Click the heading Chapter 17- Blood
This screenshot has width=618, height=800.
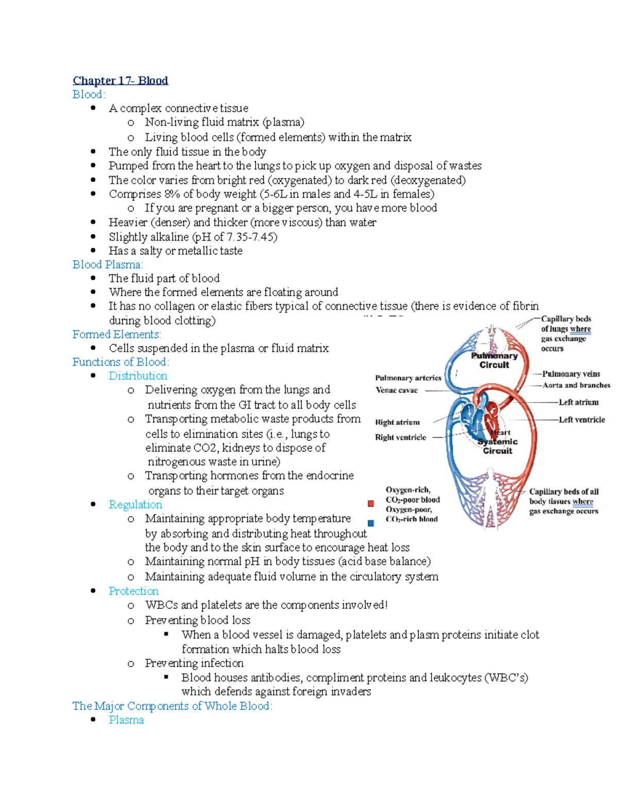point(120,80)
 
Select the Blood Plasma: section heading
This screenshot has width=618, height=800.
point(108,264)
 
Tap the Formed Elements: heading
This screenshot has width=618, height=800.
point(116,334)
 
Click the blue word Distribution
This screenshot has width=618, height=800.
point(138,376)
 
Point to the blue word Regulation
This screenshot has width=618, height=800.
point(135,504)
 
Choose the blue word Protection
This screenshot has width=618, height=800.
point(133,591)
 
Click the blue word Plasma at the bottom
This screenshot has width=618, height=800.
point(126,720)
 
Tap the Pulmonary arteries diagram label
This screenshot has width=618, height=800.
point(408,378)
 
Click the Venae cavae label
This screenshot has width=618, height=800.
point(396,390)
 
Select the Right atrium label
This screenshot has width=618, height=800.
point(397,422)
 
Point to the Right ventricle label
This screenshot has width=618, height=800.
point(400,437)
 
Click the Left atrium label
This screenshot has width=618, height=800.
point(578,402)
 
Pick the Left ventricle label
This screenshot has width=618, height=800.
point(581,419)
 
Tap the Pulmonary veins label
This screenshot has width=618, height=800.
point(571,373)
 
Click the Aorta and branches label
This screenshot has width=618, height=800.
point(576,385)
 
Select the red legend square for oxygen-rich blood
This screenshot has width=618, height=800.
point(371,503)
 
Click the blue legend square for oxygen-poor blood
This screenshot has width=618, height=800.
point(371,523)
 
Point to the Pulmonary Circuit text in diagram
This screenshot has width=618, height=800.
point(494,360)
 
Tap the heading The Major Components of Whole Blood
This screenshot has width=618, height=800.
point(172,706)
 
